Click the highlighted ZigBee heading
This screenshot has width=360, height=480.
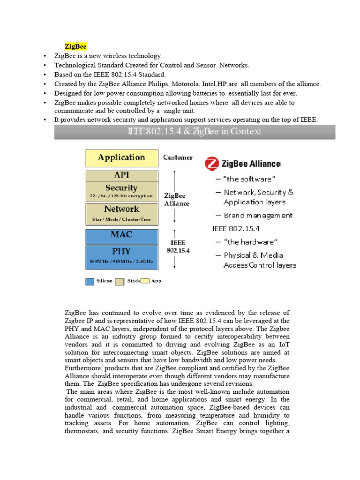[x=75, y=46]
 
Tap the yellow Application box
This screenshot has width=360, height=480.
[x=121, y=158]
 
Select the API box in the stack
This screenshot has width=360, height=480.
[x=121, y=175]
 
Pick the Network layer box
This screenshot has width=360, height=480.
[x=121, y=213]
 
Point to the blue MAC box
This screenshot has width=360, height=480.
[x=121, y=234]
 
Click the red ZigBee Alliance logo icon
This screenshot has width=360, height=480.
[x=212, y=164]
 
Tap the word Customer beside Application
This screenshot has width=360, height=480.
[x=178, y=157]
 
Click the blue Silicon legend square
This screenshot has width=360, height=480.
[x=90, y=281]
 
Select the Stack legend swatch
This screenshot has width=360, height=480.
[x=120, y=281]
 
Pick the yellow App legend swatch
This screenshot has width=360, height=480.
[x=145, y=281]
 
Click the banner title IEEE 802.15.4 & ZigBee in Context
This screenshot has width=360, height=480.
[x=195, y=131]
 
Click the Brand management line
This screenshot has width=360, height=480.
[x=258, y=215]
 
